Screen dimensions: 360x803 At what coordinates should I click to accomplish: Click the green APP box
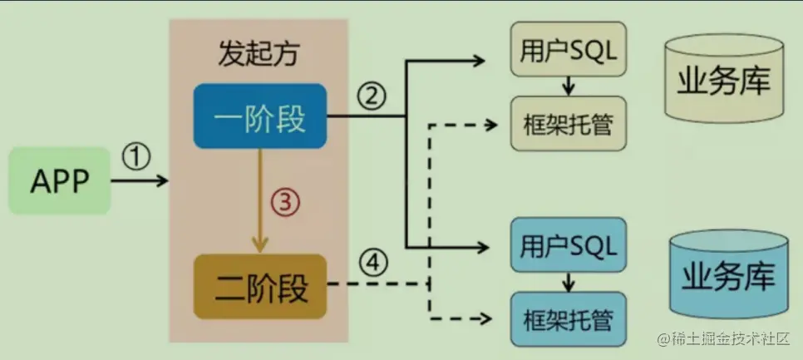click(59, 180)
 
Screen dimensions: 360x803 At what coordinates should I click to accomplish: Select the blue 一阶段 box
click(260, 119)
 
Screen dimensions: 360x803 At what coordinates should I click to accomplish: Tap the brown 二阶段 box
click(260, 287)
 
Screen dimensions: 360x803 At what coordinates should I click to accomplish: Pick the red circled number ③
click(284, 201)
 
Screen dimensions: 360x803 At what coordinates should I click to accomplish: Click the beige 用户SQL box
click(568, 52)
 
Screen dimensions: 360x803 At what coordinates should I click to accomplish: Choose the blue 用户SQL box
click(568, 245)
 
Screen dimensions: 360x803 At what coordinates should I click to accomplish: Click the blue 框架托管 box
click(568, 319)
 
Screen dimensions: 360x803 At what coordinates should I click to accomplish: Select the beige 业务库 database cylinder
click(724, 81)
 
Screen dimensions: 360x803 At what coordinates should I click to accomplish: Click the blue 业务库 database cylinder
click(727, 274)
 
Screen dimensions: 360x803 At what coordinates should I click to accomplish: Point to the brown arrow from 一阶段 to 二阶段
click(261, 200)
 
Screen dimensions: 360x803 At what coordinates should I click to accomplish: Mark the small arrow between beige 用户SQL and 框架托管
click(568, 86)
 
